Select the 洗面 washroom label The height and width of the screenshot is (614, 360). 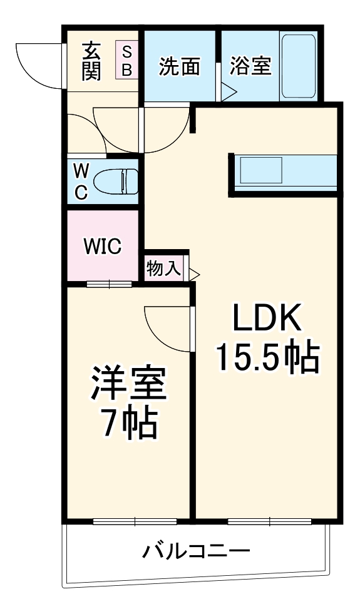(x=179, y=67)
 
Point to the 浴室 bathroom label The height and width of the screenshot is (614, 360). (x=250, y=67)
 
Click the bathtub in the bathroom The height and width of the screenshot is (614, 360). (x=298, y=67)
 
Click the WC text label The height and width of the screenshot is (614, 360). (x=81, y=182)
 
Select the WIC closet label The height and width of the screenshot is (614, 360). (x=103, y=247)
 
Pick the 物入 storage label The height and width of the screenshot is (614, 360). (x=164, y=269)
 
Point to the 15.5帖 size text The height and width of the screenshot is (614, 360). (x=267, y=357)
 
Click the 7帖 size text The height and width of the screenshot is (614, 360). (x=129, y=424)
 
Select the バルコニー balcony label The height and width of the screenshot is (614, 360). (x=196, y=551)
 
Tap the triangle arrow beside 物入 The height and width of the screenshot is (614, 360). (x=194, y=274)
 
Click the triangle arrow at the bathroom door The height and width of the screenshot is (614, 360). (x=229, y=93)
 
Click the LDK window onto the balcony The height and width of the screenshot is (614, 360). (x=269, y=521)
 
